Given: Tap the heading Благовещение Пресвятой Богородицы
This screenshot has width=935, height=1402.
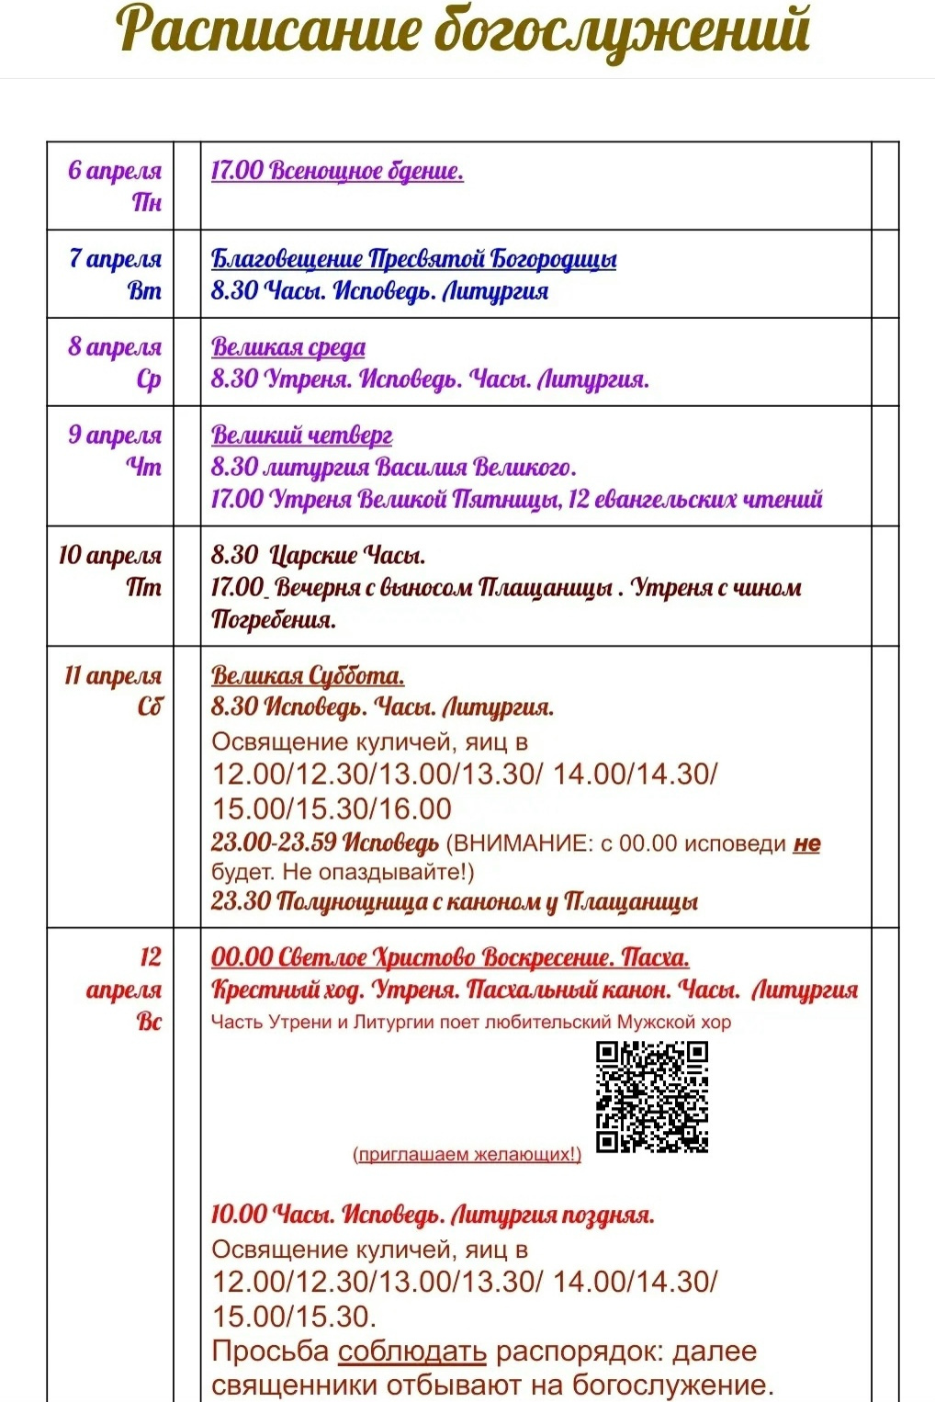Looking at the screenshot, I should click(x=413, y=259).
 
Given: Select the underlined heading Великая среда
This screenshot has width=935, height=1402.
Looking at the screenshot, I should click(x=287, y=347).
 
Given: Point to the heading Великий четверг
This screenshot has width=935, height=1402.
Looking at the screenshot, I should click(x=301, y=435).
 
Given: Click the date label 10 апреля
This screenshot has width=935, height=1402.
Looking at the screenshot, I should click(x=109, y=556).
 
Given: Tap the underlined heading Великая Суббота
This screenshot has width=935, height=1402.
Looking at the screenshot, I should click(x=308, y=676).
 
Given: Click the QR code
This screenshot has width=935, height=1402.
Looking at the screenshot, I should click(x=651, y=1096).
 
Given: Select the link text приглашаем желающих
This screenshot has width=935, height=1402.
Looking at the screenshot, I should click(x=467, y=1155).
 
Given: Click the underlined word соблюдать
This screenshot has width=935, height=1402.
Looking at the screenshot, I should click(x=411, y=1351).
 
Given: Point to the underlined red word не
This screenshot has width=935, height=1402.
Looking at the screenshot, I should click(x=806, y=843).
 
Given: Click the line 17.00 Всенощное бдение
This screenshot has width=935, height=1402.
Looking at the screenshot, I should click(x=337, y=171).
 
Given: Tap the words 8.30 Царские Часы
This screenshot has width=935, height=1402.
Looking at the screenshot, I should click(x=318, y=556).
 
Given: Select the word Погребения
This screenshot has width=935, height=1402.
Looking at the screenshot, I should click(x=273, y=620).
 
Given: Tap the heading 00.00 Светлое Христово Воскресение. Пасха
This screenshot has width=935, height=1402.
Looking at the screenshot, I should click(x=450, y=957).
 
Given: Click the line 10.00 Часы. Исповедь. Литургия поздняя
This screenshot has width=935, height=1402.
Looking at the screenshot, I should click(x=433, y=1215).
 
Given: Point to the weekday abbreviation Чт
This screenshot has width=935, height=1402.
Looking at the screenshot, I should click(x=144, y=467).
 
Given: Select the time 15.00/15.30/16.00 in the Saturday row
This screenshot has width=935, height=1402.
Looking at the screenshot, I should click(x=332, y=808).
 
